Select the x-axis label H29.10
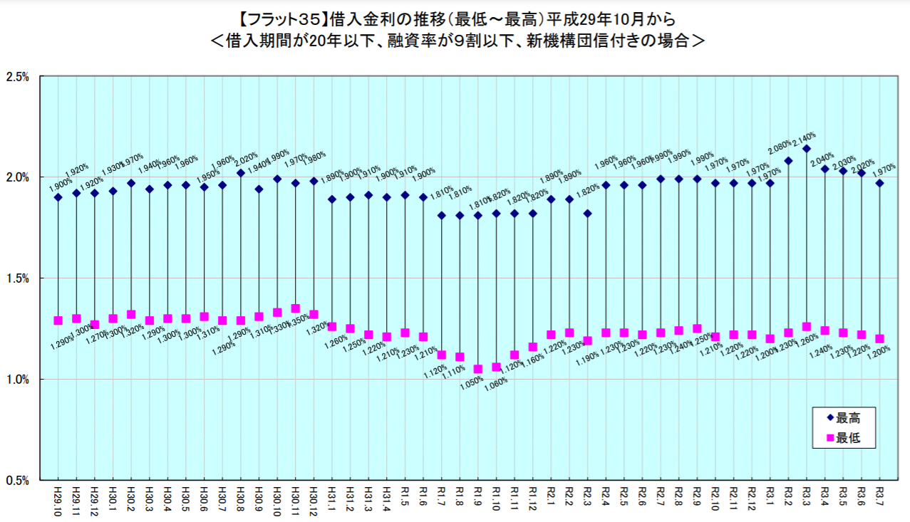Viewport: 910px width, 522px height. coord(58,499)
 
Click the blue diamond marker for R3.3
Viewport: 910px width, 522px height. coord(807,149)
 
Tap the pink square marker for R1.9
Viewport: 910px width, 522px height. coord(478,369)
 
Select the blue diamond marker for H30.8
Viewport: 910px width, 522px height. coord(241,173)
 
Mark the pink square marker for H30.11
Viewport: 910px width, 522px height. coord(295,308)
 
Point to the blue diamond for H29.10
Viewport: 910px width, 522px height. coord(58,197)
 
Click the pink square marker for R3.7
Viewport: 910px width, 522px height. coord(879,339)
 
